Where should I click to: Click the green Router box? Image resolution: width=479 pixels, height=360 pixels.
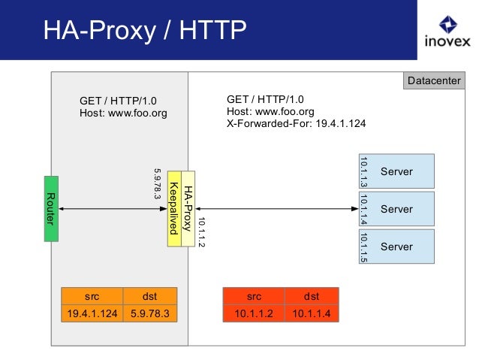pos(51,208)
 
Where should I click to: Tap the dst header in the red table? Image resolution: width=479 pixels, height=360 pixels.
pos(312,296)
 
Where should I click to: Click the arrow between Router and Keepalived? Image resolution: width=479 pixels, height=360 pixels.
pos(113,208)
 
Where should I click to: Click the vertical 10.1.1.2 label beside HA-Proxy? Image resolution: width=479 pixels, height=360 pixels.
pos(200,232)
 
